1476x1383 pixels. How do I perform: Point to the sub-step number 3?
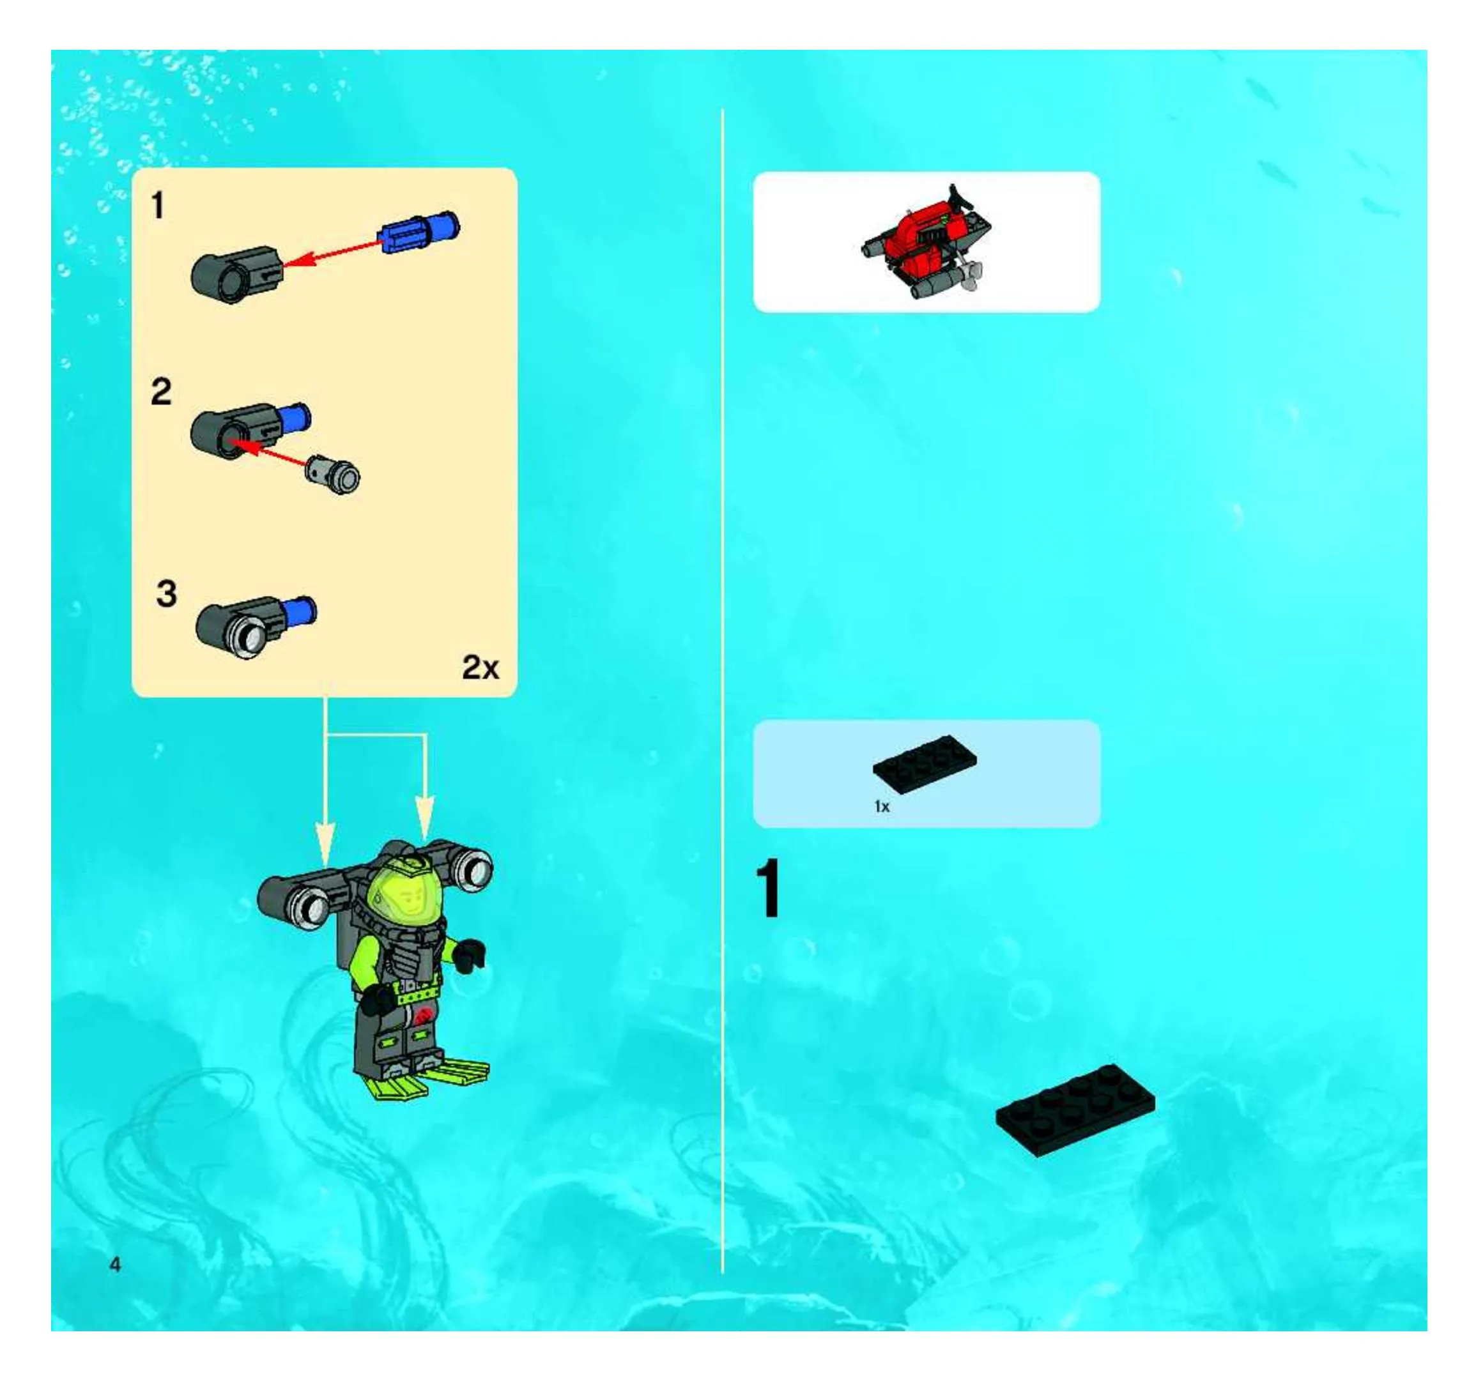click(166, 593)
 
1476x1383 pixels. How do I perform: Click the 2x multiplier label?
click(480, 668)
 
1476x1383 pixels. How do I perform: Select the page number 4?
click(115, 1264)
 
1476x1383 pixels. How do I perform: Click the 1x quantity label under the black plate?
click(881, 806)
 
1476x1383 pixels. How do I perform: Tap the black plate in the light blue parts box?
click(925, 761)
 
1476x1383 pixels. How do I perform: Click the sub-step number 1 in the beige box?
click(157, 205)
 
